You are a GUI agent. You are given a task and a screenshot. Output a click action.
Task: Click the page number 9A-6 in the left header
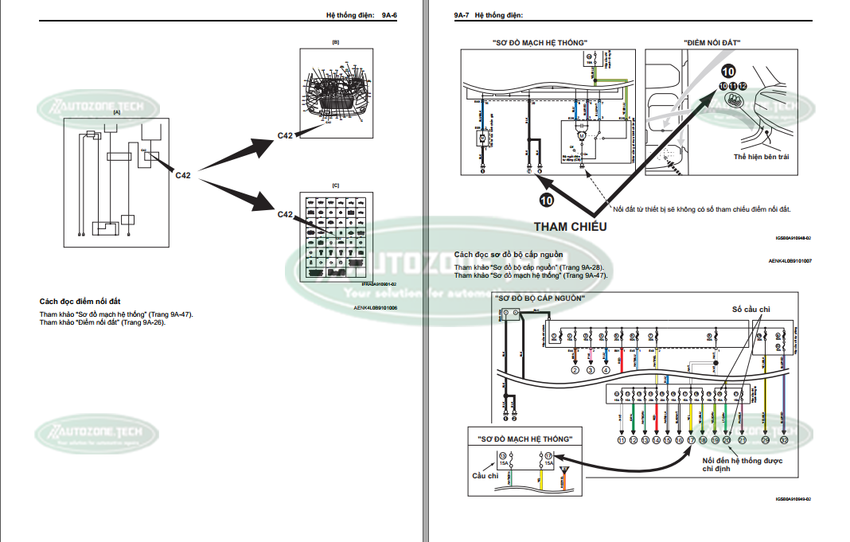click(389, 15)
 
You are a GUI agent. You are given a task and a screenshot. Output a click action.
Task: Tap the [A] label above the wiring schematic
click(117, 113)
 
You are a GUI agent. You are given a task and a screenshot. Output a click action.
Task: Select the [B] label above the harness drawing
click(335, 41)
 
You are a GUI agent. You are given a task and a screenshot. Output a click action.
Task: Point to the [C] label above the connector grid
click(335, 185)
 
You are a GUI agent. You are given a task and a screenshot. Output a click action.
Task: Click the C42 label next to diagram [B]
click(286, 135)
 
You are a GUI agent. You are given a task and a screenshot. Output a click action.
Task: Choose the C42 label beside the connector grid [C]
click(286, 214)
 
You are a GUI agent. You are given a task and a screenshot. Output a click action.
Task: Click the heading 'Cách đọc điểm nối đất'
click(80, 302)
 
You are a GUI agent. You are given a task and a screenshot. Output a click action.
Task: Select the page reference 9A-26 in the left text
click(151, 322)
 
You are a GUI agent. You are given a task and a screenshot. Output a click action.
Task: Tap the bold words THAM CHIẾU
click(570, 227)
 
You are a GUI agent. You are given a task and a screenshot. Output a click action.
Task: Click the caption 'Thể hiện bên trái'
click(762, 157)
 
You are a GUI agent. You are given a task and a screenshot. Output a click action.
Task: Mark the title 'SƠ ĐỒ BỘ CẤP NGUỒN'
click(540, 298)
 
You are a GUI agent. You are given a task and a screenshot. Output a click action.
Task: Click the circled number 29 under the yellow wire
click(766, 439)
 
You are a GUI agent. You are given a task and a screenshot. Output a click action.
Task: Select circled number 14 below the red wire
click(656, 439)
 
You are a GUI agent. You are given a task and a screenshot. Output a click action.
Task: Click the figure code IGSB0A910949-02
click(792, 499)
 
